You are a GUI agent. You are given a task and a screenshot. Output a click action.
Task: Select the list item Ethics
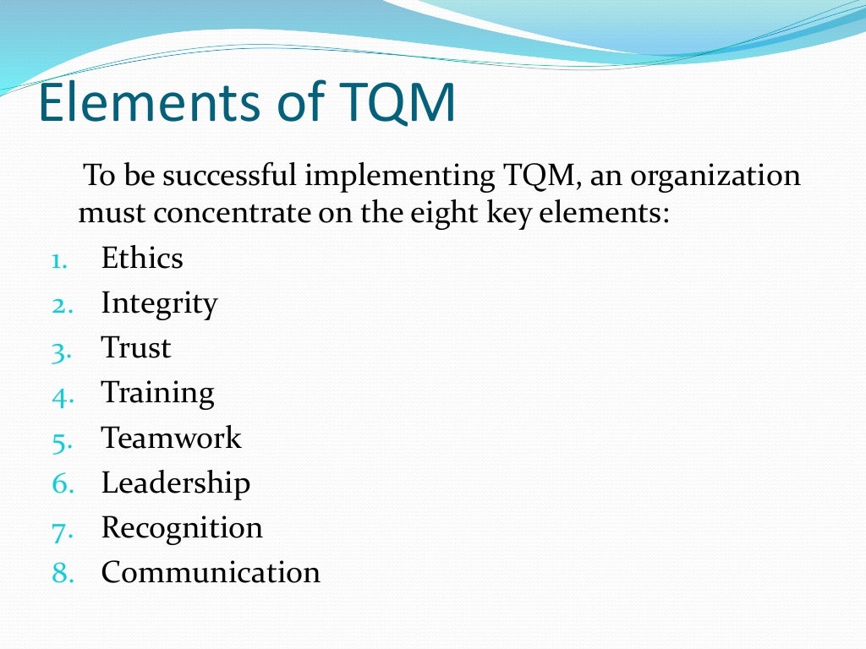[142, 259]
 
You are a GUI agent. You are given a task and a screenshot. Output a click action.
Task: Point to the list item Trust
[136, 348]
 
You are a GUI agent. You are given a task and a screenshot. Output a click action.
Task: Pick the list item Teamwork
[171, 438]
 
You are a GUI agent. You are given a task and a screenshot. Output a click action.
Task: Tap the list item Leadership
[175, 483]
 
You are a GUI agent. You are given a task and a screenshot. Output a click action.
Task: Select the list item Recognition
[182, 528]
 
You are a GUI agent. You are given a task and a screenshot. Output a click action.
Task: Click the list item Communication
[211, 573]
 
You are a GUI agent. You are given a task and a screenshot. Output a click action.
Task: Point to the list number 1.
[59, 260]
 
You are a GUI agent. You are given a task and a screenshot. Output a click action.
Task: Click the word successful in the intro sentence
[231, 177]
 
